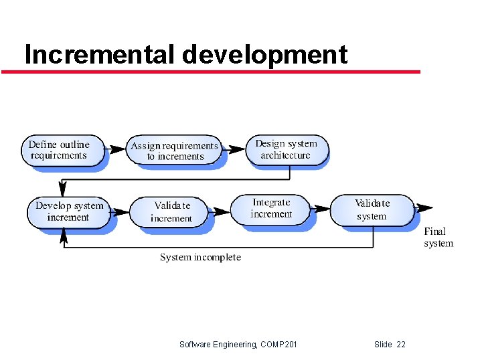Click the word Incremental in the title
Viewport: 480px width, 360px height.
pos(100,54)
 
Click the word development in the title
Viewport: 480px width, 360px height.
pos(265,54)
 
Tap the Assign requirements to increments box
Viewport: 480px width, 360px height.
pos(175,151)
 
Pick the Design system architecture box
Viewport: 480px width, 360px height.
pos(286,149)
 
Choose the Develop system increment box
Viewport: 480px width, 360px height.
pos(68,211)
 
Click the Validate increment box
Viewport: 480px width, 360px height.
pos(171,211)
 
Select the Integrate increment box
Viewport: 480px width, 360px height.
pos(271,208)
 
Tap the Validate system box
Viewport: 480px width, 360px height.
pos(372,209)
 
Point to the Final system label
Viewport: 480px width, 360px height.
pos(438,238)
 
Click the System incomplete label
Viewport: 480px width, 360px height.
pos(200,257)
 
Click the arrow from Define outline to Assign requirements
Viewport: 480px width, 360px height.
pos(117,149)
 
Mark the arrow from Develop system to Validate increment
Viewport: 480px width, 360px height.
pos(120,212)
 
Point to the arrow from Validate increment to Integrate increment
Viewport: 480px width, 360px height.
pos(220,211)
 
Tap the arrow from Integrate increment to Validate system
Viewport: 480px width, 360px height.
pos(321,209)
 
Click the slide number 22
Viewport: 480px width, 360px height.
pos(400,344)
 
